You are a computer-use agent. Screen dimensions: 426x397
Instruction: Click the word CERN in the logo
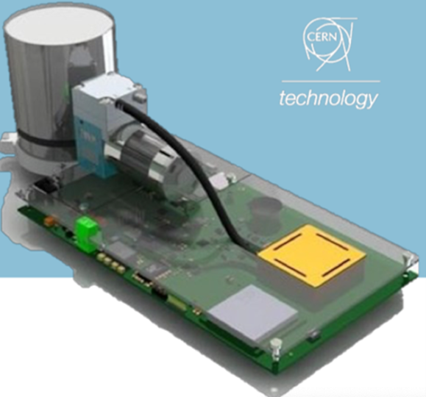[322, 36]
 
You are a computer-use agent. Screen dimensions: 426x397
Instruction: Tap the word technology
[329, 99]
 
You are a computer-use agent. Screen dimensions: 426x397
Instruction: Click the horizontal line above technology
[331, 81]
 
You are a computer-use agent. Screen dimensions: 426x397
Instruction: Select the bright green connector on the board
[87, 228]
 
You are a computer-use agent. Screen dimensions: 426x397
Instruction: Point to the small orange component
[50, 219]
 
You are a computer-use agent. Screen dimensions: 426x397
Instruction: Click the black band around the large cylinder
[46, 137]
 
